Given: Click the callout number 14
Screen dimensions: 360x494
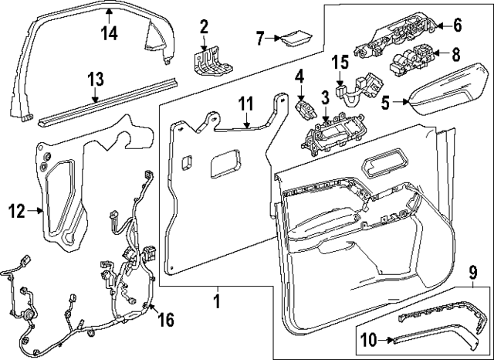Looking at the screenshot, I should [110, 32].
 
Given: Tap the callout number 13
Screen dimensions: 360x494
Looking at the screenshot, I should [95, 78].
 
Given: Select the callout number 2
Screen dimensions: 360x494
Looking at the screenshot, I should [205, 29].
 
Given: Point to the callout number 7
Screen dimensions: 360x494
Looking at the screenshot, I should [260, 37].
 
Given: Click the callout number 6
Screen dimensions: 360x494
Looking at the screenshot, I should [458, 25].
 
